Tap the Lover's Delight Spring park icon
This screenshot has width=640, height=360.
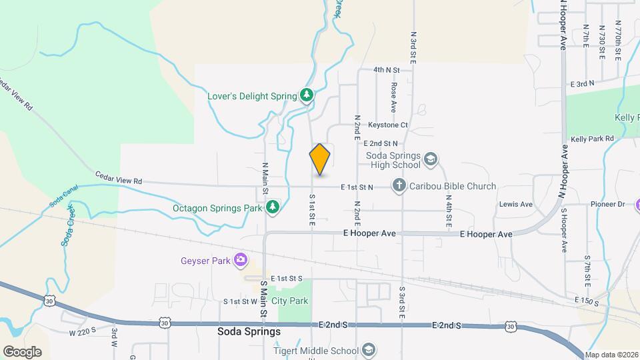pyautogui.click(x=306, y=96)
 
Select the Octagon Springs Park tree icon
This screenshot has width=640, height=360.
pyautogui.click(x=272, y=208)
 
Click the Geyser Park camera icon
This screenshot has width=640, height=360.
pyautogui.click(x=241, y=260)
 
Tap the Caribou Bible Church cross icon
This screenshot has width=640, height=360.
pyautogui.click(x=399, y=186)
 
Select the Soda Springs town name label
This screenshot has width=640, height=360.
pyautogui.click(x=249, y=331)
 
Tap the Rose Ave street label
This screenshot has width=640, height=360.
pyautogui.click(x=394, y=97)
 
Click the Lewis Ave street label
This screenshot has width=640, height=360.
pyautogui.click(x=517, y=204)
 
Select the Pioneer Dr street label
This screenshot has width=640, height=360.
pyautogui.click(x=607, y=204)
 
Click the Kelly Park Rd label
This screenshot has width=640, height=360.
pyautogui.click(x=592, y=139)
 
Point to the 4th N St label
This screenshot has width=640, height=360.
pyautogui.click(x=386, y=69)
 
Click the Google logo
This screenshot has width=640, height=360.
pyautogui.click(x=22, y=351)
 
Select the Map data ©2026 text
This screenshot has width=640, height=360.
pyautogui.click(x=611, y=355)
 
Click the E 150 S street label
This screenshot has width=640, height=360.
pyautogui.click(x=587, y=301)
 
